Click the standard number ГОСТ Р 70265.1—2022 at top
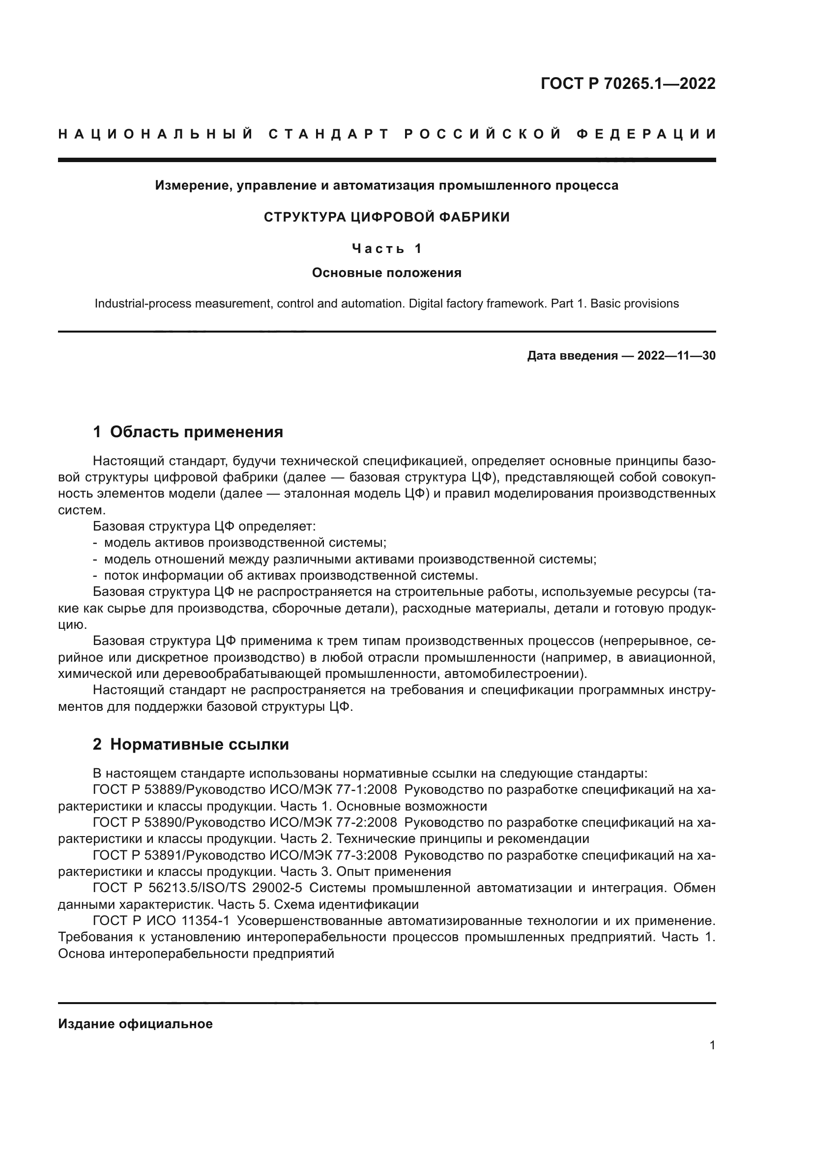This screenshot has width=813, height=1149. pos(628,84)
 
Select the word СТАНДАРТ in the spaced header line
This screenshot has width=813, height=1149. pos(329,134)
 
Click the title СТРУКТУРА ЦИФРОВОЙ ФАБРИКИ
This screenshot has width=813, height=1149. pos(386,217)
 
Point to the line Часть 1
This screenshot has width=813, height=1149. pos(386,248)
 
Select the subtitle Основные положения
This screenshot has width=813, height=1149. pos(386,273)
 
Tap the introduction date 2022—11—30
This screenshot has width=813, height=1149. pos(676,356)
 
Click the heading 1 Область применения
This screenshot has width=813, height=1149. pos(188,431)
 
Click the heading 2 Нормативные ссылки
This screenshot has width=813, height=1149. pos(191,744)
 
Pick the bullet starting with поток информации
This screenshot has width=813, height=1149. pos(290,576)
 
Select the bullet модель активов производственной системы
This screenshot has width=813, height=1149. pos(245,542)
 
